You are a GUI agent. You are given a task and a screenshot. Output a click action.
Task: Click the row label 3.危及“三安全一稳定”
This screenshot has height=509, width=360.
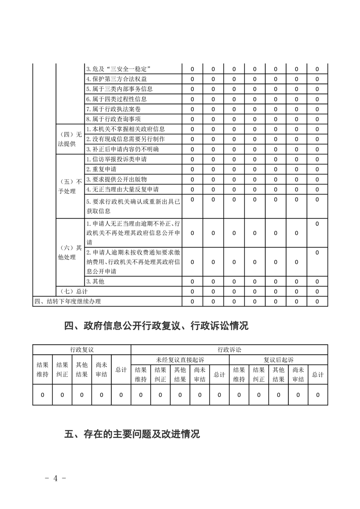[x=118, y=69]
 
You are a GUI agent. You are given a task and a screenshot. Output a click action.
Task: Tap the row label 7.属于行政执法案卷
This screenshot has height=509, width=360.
[x=114, y=109]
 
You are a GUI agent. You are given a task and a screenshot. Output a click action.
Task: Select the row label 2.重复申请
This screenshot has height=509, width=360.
[x=101, y=169]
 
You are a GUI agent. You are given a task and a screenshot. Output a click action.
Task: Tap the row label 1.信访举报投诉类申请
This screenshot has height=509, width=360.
[x=116, y=159]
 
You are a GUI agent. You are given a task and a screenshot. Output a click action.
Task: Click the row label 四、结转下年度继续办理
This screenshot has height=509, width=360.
[x=68, y=301]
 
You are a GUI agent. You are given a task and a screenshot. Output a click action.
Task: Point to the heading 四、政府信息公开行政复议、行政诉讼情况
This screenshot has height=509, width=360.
[x=157, y=326]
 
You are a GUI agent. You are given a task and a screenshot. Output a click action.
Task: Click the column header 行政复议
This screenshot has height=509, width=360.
[x=82, y=350]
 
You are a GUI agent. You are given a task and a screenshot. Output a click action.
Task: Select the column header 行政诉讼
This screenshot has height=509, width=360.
[x=229, y=350]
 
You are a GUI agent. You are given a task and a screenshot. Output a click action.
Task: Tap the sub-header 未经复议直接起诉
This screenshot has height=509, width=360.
[x=180, y=360]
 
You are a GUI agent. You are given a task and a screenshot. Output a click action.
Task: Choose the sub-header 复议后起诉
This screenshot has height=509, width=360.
[x=278, y=360]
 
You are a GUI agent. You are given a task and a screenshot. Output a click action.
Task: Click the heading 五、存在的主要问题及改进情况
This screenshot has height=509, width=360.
[x=132, y=434]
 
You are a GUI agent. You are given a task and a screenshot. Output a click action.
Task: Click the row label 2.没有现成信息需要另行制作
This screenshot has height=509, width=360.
[x=125, y=139]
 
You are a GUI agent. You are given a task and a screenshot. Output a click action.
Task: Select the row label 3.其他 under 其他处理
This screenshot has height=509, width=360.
[x=95, y=281]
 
